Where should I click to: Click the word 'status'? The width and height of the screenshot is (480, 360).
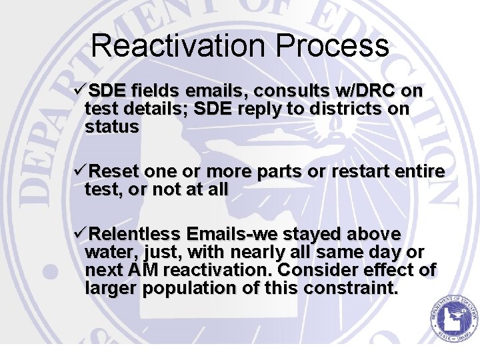click(112, 127)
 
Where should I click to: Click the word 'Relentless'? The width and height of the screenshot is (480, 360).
click(135, 235)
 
